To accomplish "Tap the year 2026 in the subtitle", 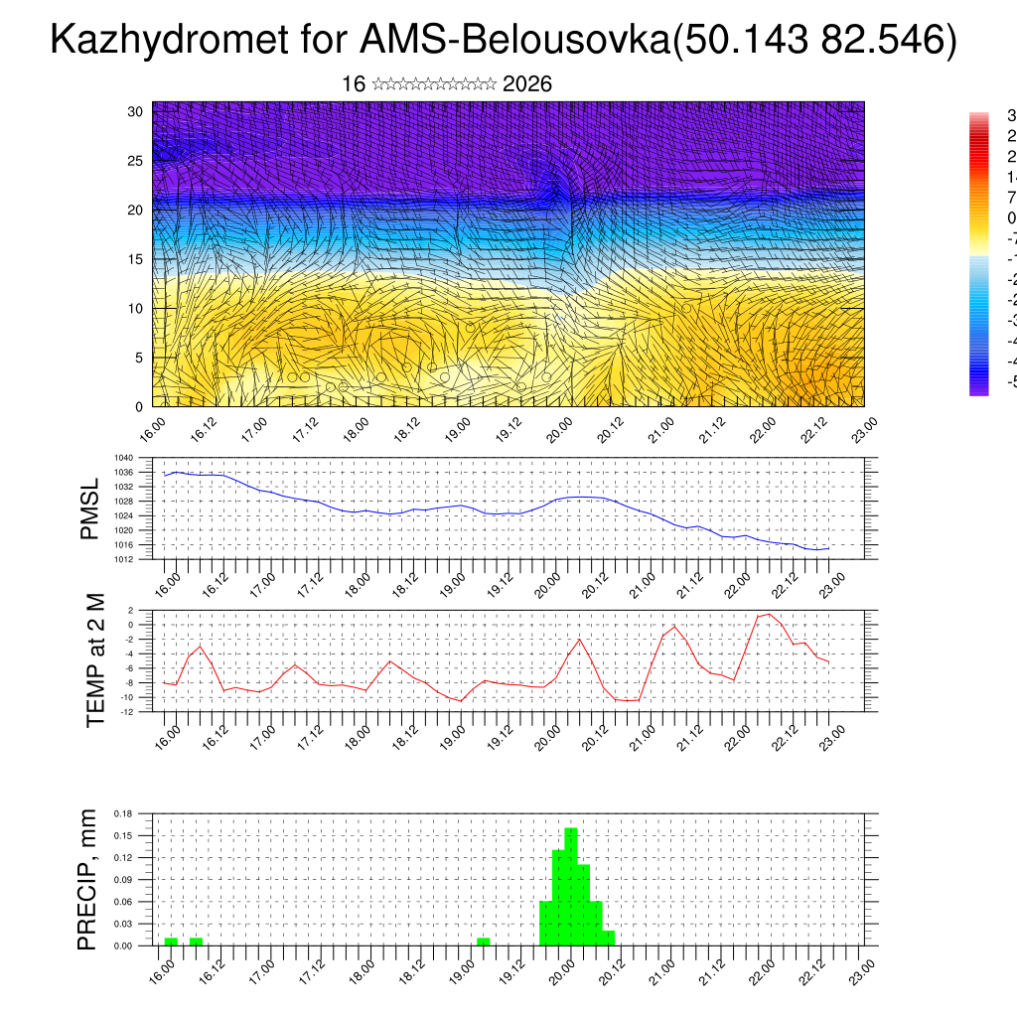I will (x=527, y=84).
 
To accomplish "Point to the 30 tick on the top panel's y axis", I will (x=136, y=111).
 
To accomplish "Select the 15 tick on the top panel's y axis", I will (x=136, y=259).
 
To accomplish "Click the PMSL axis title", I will (x=89, y=509).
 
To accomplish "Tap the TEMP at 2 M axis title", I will (x=95, y=661).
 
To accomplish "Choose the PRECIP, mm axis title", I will (x=87, y=880).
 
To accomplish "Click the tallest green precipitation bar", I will (x=571, y=884).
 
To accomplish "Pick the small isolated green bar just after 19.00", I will (x=483, y=941).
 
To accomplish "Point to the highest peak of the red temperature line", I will (x=769, y=614).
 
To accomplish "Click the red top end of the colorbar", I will (x=979, y=119).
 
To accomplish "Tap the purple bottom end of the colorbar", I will (x=979, y=389).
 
